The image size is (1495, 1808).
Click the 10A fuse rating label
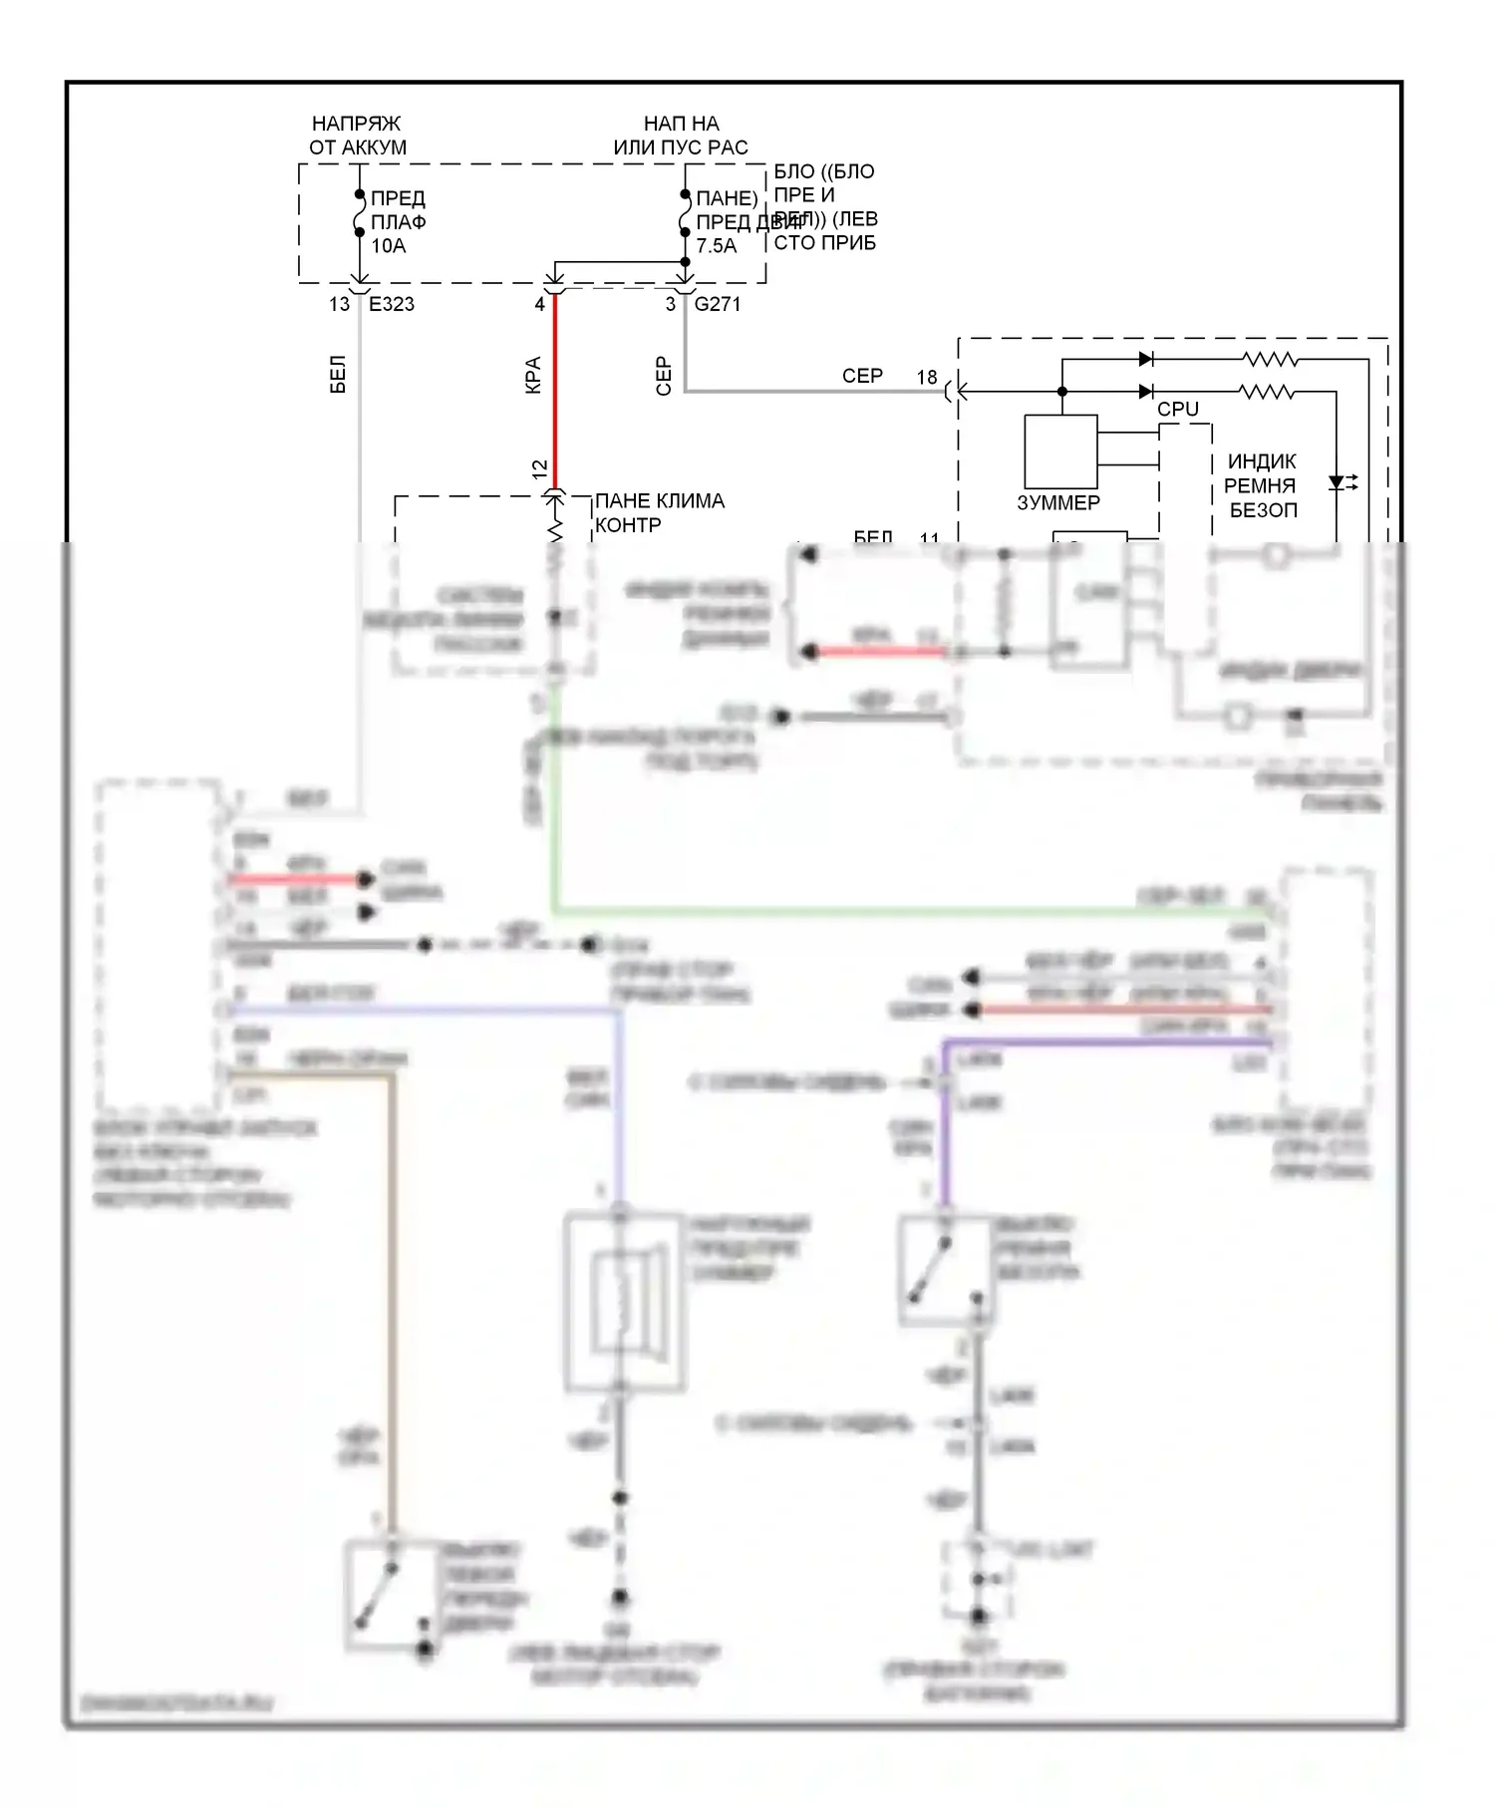[389, 246]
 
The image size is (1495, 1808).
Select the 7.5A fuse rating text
[716, 246]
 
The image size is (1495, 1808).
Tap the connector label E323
[392, 304]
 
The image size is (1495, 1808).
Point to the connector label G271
[718, 304]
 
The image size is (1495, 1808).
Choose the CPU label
[1178, 409]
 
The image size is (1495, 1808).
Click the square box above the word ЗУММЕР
[1060, 452]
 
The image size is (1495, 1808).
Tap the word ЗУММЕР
[1058, 503]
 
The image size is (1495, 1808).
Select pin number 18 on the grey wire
[927, 378]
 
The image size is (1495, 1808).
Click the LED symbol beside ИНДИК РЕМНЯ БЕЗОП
[1338, 482]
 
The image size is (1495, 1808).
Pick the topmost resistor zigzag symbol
[1270, 359]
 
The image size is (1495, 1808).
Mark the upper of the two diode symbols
[1146, 359]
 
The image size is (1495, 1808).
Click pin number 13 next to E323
[340, 304]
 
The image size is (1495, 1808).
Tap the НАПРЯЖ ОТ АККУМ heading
[357, 136]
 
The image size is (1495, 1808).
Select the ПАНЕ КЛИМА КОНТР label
[659, 512]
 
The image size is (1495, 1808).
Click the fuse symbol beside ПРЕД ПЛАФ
[360, 213]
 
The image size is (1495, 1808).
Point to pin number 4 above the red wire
[540, 304]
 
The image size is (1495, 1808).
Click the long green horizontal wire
[897, 910]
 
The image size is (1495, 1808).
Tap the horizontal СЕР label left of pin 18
[862, 376]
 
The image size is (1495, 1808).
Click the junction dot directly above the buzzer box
[1061, 392]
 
